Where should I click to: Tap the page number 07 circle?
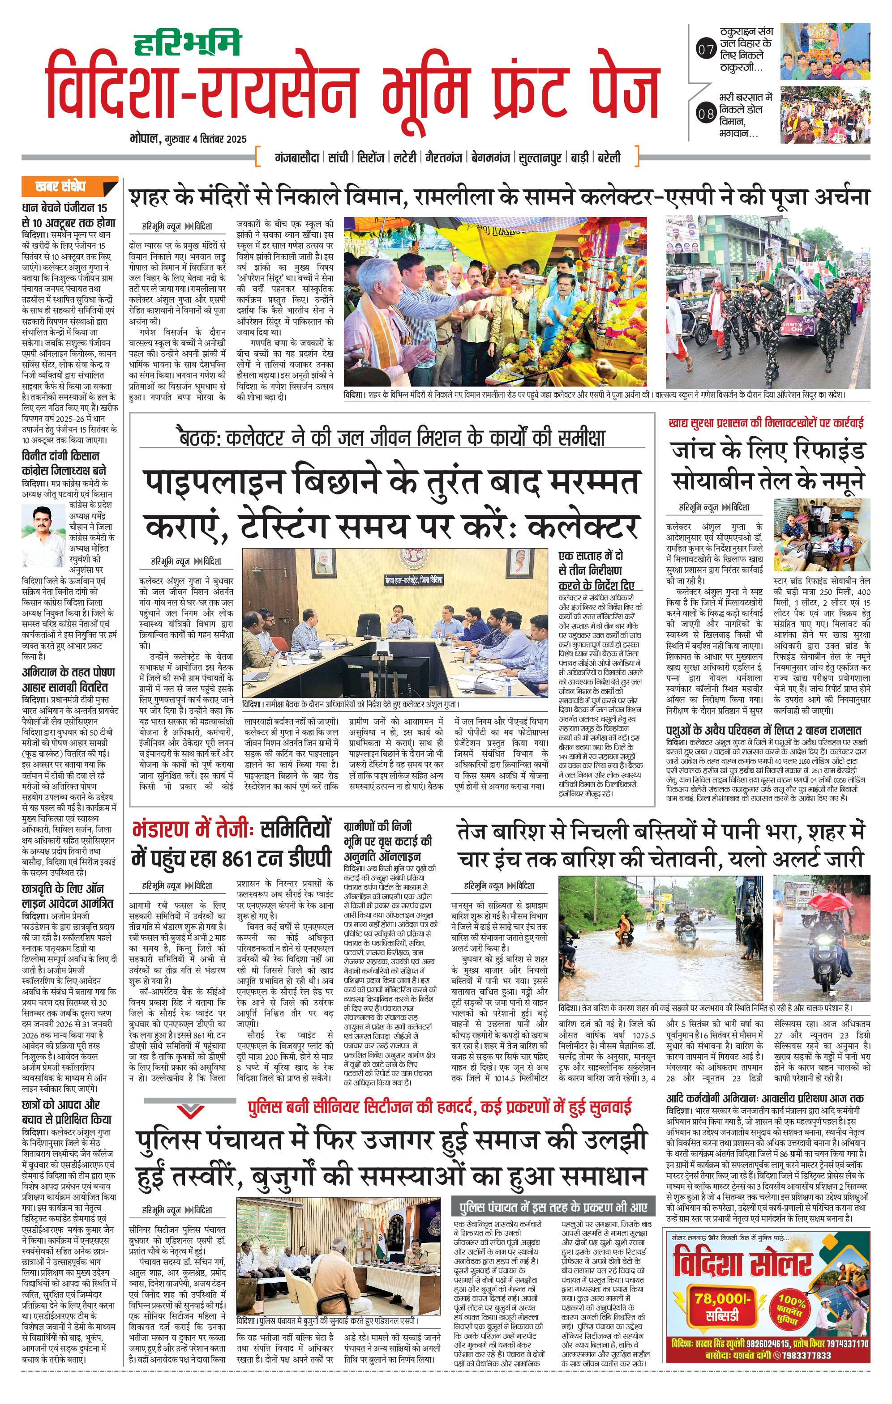706,50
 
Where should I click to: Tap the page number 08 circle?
706,114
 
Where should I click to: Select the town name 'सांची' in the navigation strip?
338,157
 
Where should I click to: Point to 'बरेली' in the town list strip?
609,157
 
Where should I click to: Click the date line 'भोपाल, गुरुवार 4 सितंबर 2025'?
189,139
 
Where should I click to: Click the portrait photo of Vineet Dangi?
43,536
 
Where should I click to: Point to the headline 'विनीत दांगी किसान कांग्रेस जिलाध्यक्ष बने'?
64,462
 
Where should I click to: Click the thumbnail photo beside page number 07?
825,52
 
